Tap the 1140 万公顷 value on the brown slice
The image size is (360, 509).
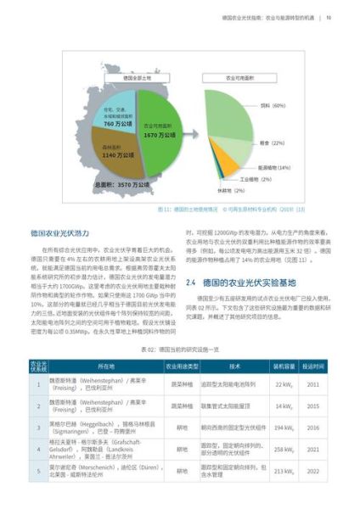click(x=111, y=156)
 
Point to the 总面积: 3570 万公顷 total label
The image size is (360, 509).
click(x=124, y=183)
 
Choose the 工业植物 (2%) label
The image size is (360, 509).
click(x=255, y=179)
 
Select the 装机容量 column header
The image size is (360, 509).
click(x=284, y=366)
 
